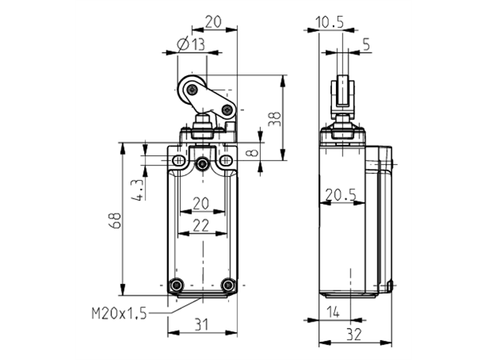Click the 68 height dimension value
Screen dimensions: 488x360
click(x=116, y=221)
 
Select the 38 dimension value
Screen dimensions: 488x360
click(x=274, y=119)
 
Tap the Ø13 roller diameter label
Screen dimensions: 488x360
click(x=191, y=44)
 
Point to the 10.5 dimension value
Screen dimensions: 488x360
click(x=330, y=22)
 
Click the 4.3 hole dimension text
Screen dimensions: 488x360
click(x=139, y=189)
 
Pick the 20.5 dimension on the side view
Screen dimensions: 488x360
click(x=341, y=195)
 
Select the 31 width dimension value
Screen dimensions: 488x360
click(x=202, y=325)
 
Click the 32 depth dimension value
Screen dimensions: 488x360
click(x=354, y=334)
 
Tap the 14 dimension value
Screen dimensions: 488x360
click(x=333, y=312)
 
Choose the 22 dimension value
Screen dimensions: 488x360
click(x=201, y=226)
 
